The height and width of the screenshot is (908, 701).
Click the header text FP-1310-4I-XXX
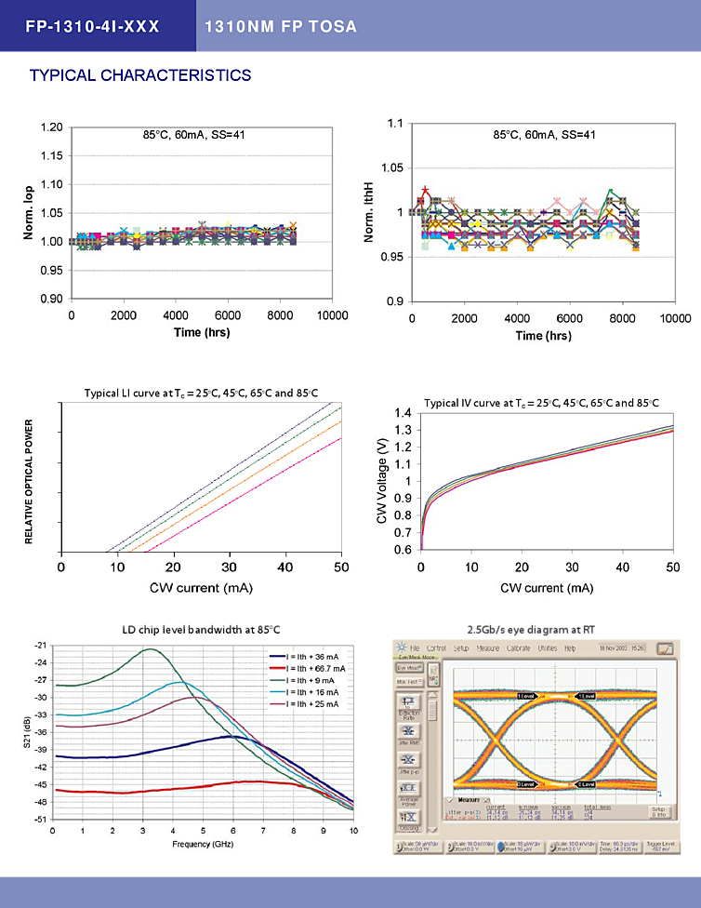[93, 26]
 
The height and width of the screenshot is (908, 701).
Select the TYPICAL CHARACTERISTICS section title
[140, 75]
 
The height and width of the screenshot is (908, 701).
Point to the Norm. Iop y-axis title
[29, 212]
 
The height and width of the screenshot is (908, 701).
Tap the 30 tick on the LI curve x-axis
[230, 567]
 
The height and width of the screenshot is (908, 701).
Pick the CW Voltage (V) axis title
[382, 482]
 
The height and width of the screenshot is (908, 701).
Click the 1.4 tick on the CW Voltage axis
[403, 412]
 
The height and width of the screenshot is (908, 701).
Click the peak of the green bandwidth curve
[151, 649]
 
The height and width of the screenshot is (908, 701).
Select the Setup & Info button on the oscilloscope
[658, 810]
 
